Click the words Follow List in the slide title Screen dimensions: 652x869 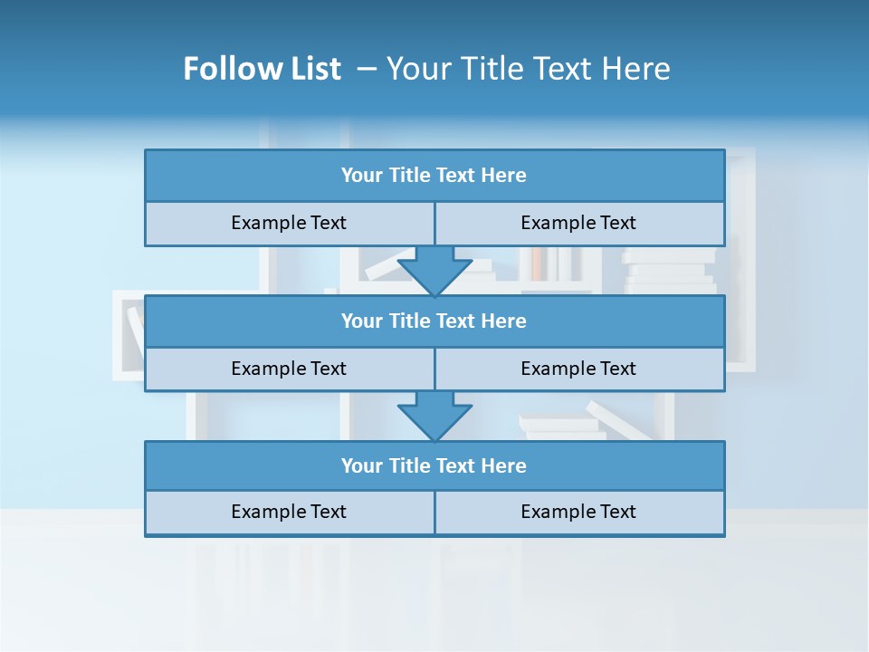[262, 69]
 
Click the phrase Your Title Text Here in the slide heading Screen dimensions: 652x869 [528, 69]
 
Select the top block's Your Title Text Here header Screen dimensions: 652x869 [434, 176]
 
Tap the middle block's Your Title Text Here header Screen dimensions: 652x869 [434, 321]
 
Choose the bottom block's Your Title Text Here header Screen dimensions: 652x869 [434, 465]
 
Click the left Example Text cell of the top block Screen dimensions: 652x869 [289, 223]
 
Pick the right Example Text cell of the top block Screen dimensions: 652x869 [578, 223]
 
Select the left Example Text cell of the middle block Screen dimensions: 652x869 [289, 369]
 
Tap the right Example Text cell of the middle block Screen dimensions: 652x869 [578, 369]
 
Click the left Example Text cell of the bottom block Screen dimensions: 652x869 [289, 512]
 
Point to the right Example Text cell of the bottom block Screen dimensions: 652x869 [578, 512]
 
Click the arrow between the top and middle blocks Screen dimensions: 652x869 [434, 271]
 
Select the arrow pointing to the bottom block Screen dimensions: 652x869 [434, 416]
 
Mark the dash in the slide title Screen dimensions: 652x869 [367, 69]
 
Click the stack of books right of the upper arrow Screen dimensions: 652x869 [668, 271]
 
